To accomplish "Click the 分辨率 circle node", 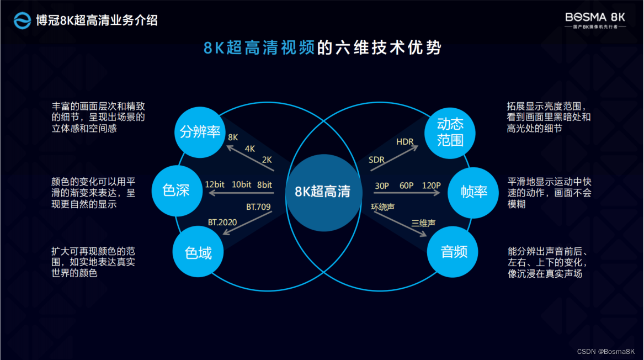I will pos(200,132).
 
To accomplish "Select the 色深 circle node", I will pos(176,191).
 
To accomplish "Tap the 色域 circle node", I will pos(198,252).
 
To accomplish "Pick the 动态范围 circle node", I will pos(450,131).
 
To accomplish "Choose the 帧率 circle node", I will pos(473,192).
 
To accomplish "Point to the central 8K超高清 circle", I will pos(322,192).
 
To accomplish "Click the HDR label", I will pos(405,142).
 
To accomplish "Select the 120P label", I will pos(431,186).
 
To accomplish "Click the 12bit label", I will pos(215,184).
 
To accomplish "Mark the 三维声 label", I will pos(423,224).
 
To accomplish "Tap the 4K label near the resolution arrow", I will pos(250,149).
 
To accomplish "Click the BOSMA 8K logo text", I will pos(595,17).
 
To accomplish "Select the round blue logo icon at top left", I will pos(22,21).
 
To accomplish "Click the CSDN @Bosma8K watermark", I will pos(606,352).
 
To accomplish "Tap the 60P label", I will pos(407,186).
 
